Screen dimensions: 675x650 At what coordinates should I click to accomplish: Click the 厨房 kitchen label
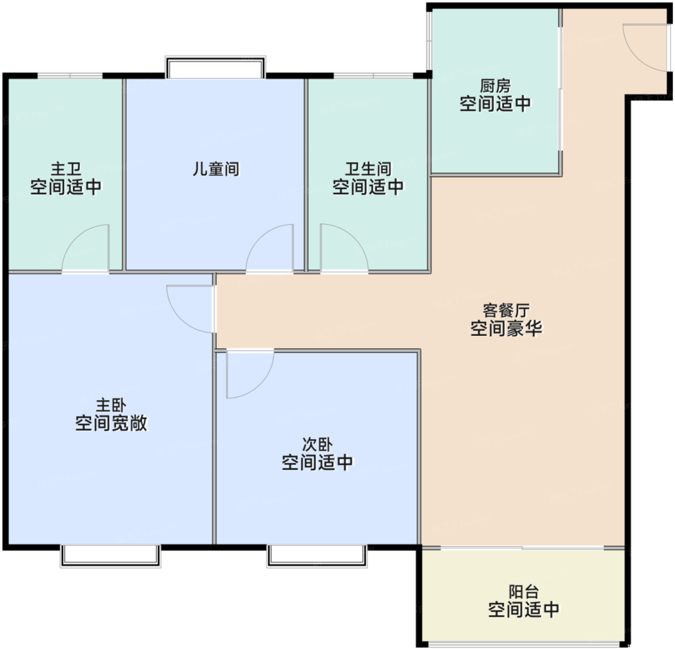pyautogui.click(x=495, y=86)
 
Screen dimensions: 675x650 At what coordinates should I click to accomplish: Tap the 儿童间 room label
pyautogui.click(x=216, y=169)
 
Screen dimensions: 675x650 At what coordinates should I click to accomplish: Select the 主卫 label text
pyautogui.click(x=66, y=169)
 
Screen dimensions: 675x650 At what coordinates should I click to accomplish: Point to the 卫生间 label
pyautogui.click(x=368, y=169)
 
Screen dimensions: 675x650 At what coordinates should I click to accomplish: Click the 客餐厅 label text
pyautogui.click(x=506, y=311)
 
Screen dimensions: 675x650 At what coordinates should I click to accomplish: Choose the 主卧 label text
pyautogui.click(x=111, y=405)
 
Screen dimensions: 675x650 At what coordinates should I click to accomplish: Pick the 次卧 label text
pyautogui.click(x=317, y=444)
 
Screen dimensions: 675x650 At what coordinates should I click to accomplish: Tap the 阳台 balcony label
pyautogui.click(x=524, y=592)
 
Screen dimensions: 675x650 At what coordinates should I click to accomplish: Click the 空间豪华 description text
pyautogui.click(x=506, y=329)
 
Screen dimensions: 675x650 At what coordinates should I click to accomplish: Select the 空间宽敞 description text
pyautogui.click(x=111, y=423)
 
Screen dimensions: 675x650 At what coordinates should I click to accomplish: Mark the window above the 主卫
pyautogui.click(x=70, y=76)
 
